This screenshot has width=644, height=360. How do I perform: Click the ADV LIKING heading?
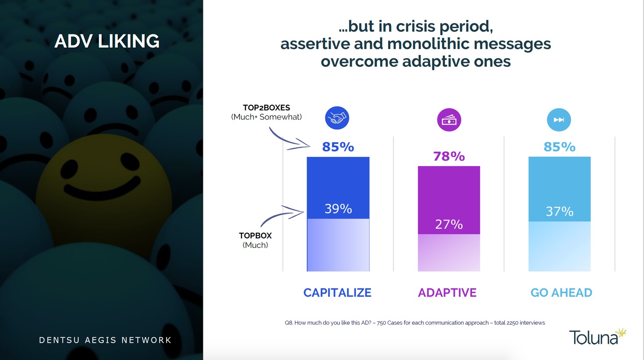click(107, 41)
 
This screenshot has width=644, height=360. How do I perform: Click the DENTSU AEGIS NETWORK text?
click(105, 340)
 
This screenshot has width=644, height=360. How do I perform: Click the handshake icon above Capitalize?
click(337, 118)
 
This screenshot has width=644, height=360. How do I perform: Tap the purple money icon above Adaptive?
click(449, 120)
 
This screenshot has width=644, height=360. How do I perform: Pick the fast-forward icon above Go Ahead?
click(559, 120)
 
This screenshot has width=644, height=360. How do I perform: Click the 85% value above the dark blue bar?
click(338, 147)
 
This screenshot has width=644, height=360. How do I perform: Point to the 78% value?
click(449, 156)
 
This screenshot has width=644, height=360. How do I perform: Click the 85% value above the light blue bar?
click(559, 147)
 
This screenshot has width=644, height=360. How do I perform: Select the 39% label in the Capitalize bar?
click(338, 209)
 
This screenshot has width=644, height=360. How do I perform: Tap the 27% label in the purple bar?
click(449, 224)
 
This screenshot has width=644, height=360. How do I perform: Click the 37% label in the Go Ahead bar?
click(560, 212)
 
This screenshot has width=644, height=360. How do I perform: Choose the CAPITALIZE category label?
click(337, 293)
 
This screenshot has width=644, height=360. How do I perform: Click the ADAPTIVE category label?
click(447, 293)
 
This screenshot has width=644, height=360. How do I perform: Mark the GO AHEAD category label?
click(561, 293)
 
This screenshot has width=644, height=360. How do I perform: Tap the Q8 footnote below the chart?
click(415, 323)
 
